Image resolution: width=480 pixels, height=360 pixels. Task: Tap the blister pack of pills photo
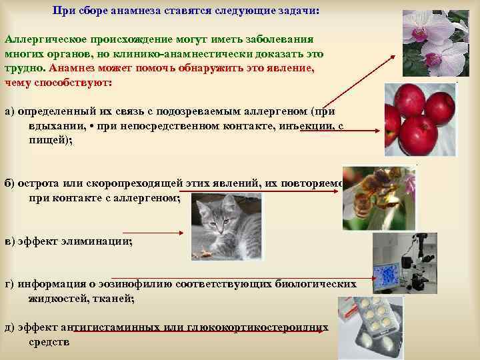pyautogui.click(x=370, y=327)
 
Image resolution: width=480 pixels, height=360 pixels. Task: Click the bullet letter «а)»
pyautogui.click(x=10, y=111)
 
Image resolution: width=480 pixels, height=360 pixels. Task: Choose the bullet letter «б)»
pyautogui.click(x=10, y=184)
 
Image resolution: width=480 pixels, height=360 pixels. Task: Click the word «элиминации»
pyautogui.click(x=101, y=241)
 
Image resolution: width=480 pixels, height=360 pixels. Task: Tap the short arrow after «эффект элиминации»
pyautogui.click(x=160, y=233)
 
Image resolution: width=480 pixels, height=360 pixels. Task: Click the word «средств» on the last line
pyautogui.click(x=49, y=342)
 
